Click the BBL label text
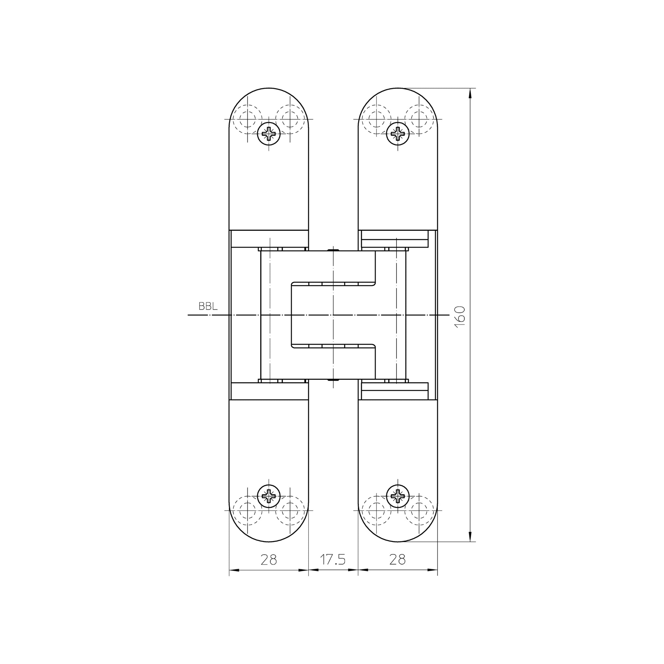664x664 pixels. coord(208,307)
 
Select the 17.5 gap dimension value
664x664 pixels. coord(333,560)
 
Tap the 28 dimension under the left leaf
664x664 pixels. coord(268,560)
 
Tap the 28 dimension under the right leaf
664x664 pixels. coord(397,560)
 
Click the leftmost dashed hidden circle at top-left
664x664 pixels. coord(247,119)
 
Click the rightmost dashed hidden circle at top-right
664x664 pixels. coord(419,119)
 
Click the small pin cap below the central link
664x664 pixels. coord(333,380)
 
